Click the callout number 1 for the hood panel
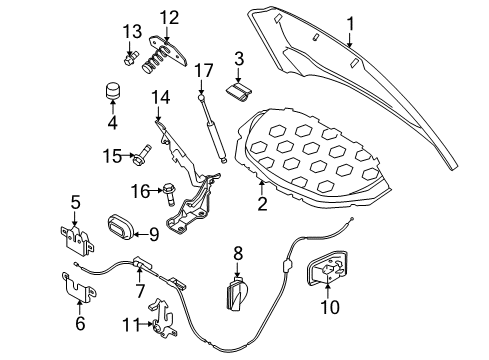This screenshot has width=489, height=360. click(x=350, y=22)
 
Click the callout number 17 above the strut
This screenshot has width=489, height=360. click(x=204, y=72)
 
